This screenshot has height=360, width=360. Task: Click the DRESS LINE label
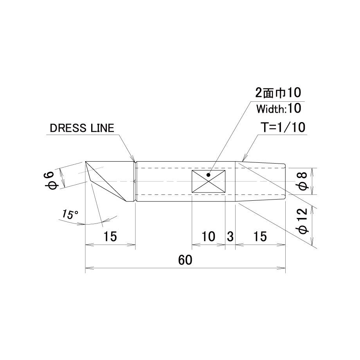click(82, 128)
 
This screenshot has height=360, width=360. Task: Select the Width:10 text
click(279, 109)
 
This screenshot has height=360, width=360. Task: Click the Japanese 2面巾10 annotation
click(278, 93)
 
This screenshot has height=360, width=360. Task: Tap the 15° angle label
click(70, 214)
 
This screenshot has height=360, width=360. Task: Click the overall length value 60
click(185, 260)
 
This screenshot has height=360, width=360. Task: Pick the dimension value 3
click(230, 236)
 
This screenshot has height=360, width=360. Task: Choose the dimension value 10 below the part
click(208, 236)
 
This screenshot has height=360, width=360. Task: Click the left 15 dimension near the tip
click(110, 236)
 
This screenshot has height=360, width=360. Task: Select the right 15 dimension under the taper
click(260, 236)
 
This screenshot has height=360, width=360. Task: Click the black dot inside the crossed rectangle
click(208, 175)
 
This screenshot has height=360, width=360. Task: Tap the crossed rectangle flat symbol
click(209, 182)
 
